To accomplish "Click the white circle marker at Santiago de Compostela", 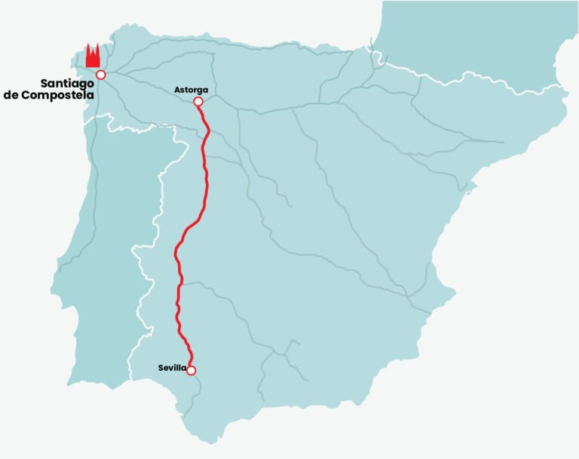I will (100, 75).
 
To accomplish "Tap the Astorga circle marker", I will (198, 101).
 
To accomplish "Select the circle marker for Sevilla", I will (191, 370).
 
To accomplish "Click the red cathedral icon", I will (93, 57).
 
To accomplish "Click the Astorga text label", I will (191, 90).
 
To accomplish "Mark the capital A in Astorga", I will (177, 90).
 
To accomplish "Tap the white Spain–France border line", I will (452, 75).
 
